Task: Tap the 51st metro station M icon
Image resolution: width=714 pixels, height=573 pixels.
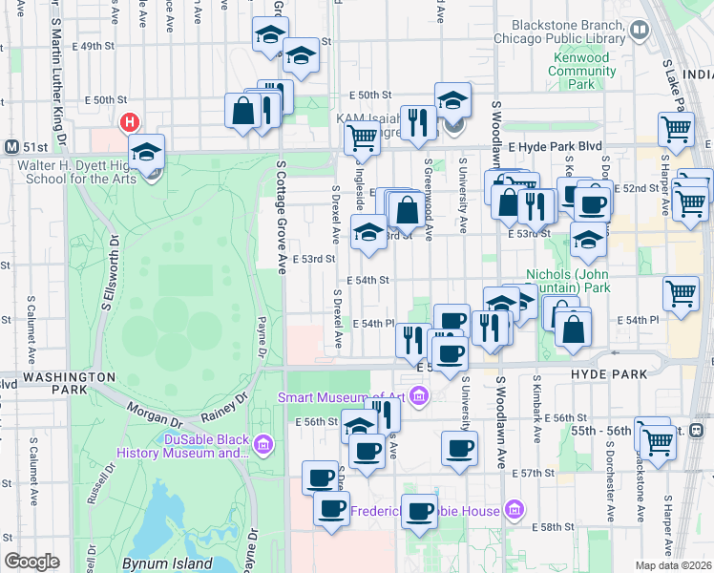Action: [x=12, y=147]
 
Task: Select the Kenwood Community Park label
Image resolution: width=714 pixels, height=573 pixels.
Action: [x=581, y=71]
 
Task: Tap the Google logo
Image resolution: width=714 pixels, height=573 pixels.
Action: [x=32, y=561]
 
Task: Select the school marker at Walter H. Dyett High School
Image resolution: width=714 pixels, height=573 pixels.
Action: [x=148, y=153]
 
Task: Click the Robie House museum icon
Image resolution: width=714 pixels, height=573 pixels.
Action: [x=515, y=510]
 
